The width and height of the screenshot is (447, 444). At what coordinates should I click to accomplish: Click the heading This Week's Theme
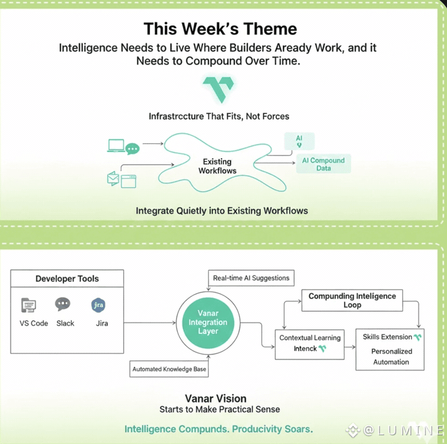coord(220,28)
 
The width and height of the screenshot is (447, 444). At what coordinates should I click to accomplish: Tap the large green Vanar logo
coord(218,89)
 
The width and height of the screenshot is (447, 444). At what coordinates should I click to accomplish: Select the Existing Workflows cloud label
coord(217,166)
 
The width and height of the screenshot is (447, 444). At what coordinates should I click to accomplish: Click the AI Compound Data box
coord(323,164)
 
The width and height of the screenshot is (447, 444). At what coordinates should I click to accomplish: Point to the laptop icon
coord(116,145)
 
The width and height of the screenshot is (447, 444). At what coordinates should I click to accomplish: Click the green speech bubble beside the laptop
coord(132,149)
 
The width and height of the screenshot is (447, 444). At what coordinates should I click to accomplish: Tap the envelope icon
coord(113,179)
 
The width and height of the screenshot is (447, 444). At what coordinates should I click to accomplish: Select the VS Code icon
coord(29,305)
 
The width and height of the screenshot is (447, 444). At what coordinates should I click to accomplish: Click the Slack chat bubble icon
coord(63,304)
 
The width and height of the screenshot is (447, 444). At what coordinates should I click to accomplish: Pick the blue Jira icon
coord(98,305)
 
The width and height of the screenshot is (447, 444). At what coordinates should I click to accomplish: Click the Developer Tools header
coord(67,279)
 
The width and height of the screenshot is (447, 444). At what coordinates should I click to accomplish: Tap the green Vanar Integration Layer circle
coord(208,322)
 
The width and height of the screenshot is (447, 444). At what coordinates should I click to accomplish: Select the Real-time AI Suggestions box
coord(251,278)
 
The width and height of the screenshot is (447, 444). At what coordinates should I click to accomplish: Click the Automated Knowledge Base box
coord(170,369)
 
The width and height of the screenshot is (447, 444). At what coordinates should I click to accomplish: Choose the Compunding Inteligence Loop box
coord(352,300)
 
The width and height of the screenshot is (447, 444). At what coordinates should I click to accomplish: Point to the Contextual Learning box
coord(309,343)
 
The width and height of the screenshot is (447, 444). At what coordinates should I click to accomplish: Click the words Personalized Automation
coord(391,356)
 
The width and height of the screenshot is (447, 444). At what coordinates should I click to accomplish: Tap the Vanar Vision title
coord(220,399)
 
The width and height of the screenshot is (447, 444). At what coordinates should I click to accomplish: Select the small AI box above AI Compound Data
coord(299,142)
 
